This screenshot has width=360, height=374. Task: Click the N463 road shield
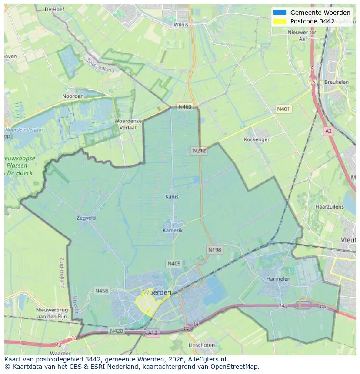pos(184,106)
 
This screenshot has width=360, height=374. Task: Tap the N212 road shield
pos(199,151)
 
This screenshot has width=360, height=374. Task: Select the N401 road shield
pos(283,109)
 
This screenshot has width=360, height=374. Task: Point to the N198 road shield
pos(215,250)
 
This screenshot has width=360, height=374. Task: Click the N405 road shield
pos(173,263)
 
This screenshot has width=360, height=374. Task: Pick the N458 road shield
pos(102,291)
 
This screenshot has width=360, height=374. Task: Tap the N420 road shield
pos(116,331)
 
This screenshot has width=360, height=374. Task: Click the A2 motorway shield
pos(328,131)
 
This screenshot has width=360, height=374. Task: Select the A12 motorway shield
pos(152,333)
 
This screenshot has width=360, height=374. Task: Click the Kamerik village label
pos(173,230)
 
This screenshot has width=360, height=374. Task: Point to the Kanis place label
pos(172,197)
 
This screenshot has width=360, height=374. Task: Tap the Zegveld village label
pos(86,218)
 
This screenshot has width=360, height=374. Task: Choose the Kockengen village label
pos(257,139)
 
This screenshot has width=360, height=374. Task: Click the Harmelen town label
pos(278,278)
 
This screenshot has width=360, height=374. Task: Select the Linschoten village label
pos(201,345)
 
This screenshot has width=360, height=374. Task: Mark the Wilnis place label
pos(181,25)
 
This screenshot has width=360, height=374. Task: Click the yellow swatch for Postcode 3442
pos(280,21)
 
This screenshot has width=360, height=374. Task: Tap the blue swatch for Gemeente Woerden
pos(280,13)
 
